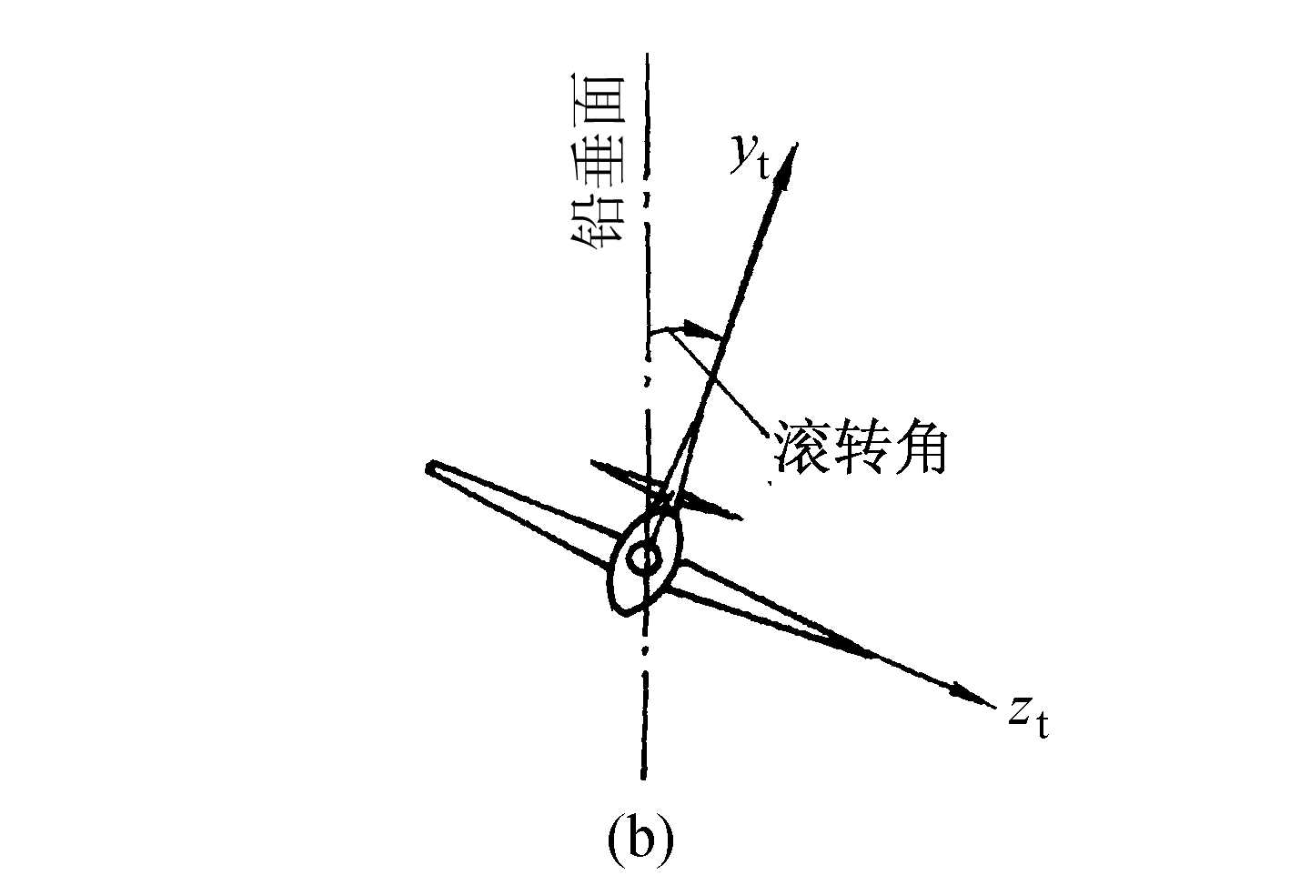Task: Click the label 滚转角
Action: click(861, 447)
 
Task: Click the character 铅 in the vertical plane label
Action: click(597, 218)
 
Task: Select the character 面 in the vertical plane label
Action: click(597, 96)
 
